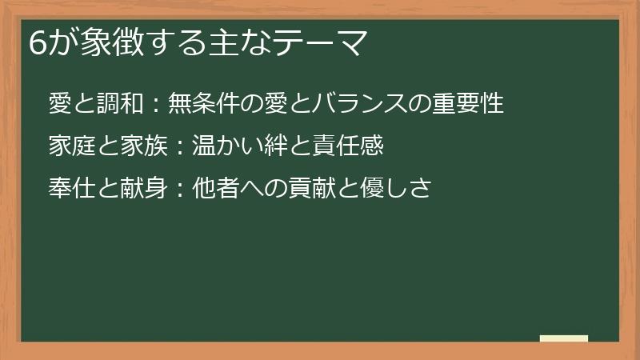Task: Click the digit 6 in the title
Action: (35, 42)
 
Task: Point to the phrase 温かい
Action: (229, 146)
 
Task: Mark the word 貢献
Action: (314, 189)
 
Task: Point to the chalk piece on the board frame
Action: (563, 339)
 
